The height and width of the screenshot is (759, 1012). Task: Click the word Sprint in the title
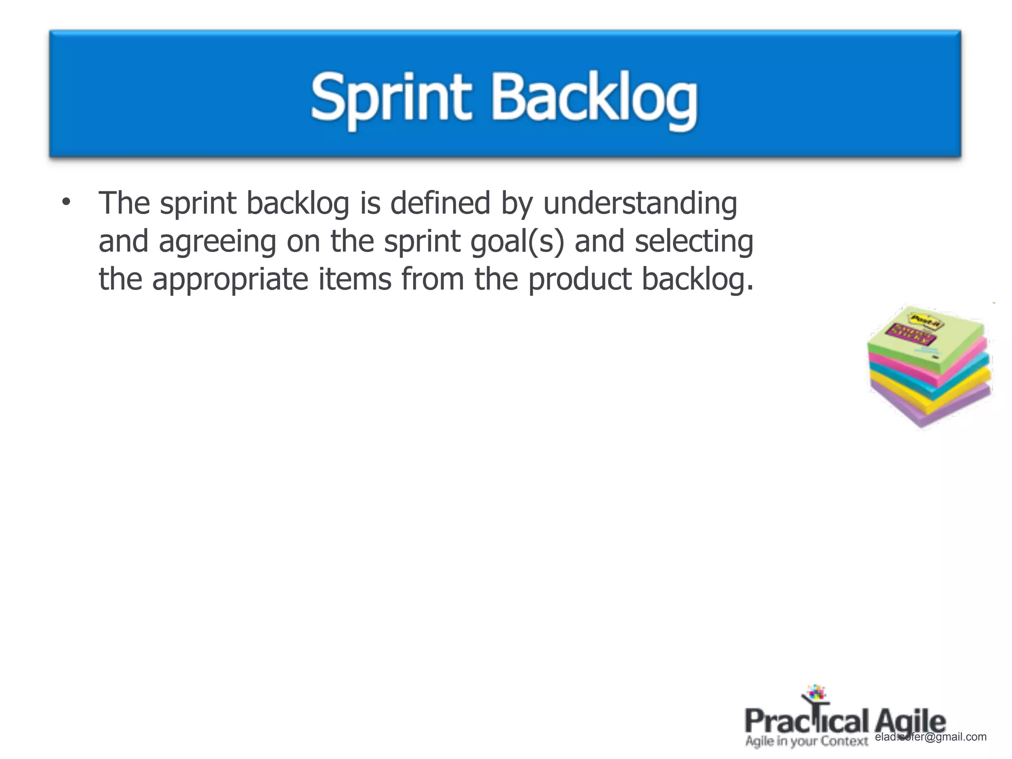coord(390,98)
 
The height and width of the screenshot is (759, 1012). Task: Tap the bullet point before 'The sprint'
coord(66,202)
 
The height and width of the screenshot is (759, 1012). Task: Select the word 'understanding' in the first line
coord(640,204)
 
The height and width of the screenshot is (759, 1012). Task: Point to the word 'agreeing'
coord(217,242)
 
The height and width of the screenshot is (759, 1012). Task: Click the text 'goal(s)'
coord(517,242)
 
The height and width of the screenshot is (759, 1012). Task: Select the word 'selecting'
coord(694,242)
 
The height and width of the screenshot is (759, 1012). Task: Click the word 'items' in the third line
coord(355,279)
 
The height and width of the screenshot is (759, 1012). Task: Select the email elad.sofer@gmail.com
coord(930,737)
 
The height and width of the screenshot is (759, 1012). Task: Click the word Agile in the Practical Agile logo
coord(910,721)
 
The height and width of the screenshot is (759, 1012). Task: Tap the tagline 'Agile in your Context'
coord(806,741)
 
